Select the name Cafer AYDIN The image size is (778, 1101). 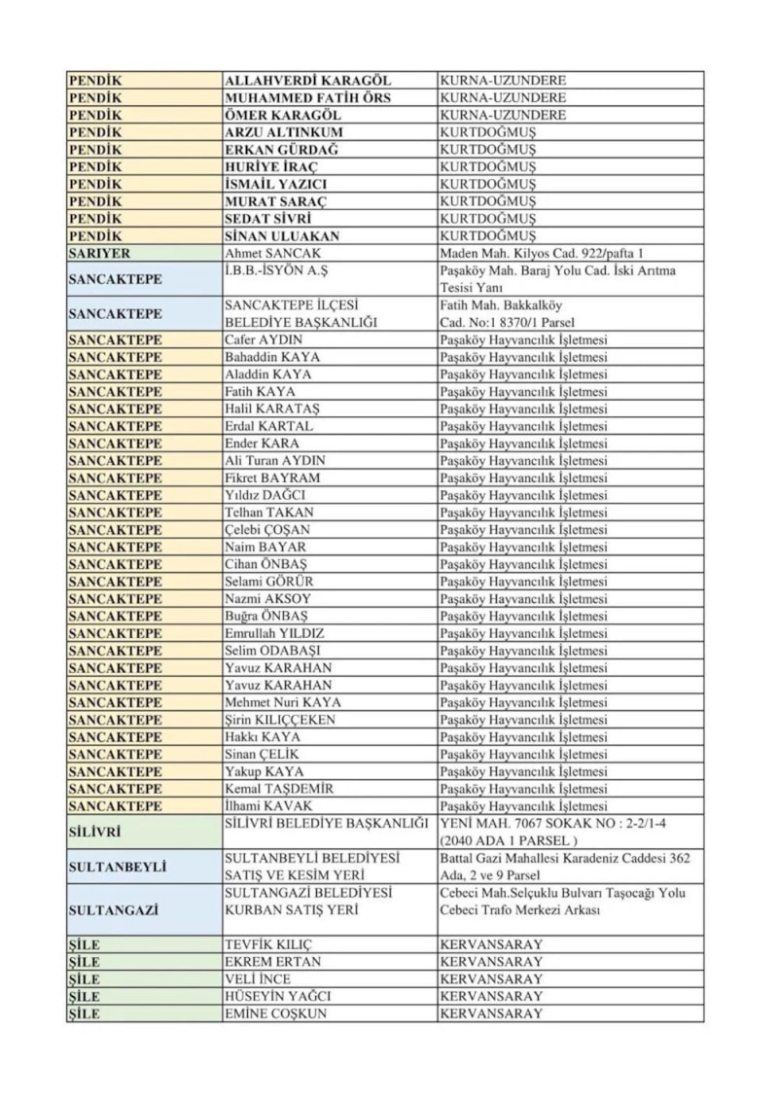(264, 340)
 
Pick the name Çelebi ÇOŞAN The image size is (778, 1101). (267, 530)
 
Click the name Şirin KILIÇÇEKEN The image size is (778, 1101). (280, 720)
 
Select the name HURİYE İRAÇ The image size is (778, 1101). (269, 166)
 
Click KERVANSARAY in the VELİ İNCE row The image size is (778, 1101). (491, 979)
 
